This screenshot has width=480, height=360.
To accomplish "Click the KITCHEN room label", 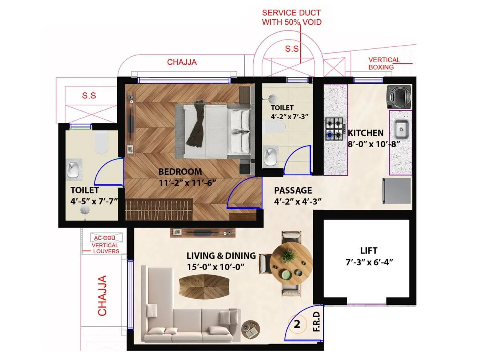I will (366, 133).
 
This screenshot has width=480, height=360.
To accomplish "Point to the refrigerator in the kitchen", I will (397, 191).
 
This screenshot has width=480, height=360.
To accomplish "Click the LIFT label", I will (368, 251).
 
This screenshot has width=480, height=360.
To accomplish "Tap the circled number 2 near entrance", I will (297, 324).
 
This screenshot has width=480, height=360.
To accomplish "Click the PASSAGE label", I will (293, 190).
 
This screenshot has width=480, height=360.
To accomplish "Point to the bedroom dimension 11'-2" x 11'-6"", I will (187, 183).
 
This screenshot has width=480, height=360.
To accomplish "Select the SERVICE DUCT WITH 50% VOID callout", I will (292, 18).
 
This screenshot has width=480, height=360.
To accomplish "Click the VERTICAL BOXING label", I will (384, 64).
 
